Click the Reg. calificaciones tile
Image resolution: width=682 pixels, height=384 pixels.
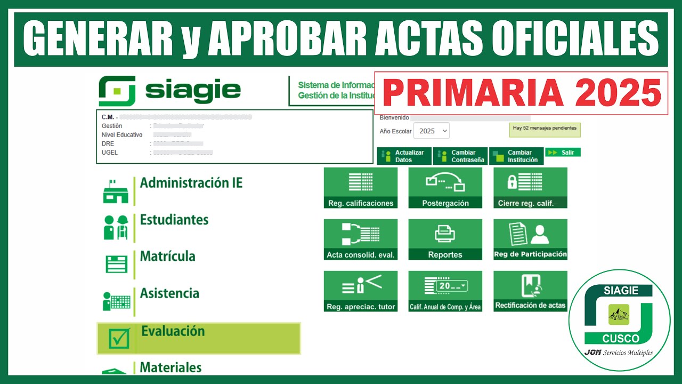click(x=361, y=188)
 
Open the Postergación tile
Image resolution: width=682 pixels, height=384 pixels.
click(x=445, y=188)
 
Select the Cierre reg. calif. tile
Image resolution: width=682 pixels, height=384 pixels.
click(x=530, y=188)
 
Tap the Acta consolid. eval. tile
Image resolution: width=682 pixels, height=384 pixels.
click(x=361, y=239)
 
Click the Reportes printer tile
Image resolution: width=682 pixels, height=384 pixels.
click(x=445, y=239)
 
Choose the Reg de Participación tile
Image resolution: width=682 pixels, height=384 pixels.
click(x=530, y=239)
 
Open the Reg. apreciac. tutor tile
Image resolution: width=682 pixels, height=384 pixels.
click(x=361, y=291)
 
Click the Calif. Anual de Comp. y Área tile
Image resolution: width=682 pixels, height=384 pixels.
click(x=445, y=291)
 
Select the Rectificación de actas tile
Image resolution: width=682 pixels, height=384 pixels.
click(x=530, y=291)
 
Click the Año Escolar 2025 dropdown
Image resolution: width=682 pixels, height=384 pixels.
click(x=431, y=131)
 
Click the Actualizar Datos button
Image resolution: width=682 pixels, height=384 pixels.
click(x=404, y=156)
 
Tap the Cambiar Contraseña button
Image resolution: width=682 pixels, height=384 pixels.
click(x=461, y=156)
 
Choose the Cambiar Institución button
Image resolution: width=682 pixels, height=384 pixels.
click(x=516, y=156)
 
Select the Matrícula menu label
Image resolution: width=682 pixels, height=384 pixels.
click(x=167, y=257)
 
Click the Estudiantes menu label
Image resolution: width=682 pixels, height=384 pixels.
click(x=174, y=220)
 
